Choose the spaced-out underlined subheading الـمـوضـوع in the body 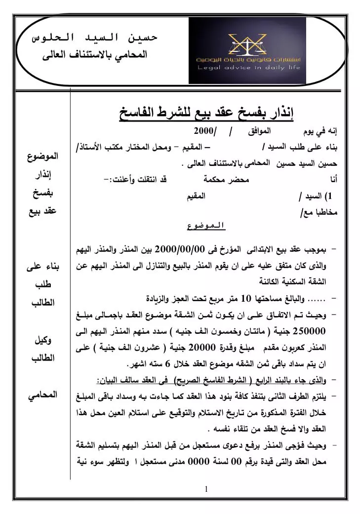(205, 227)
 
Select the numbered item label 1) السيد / (316, 197)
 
